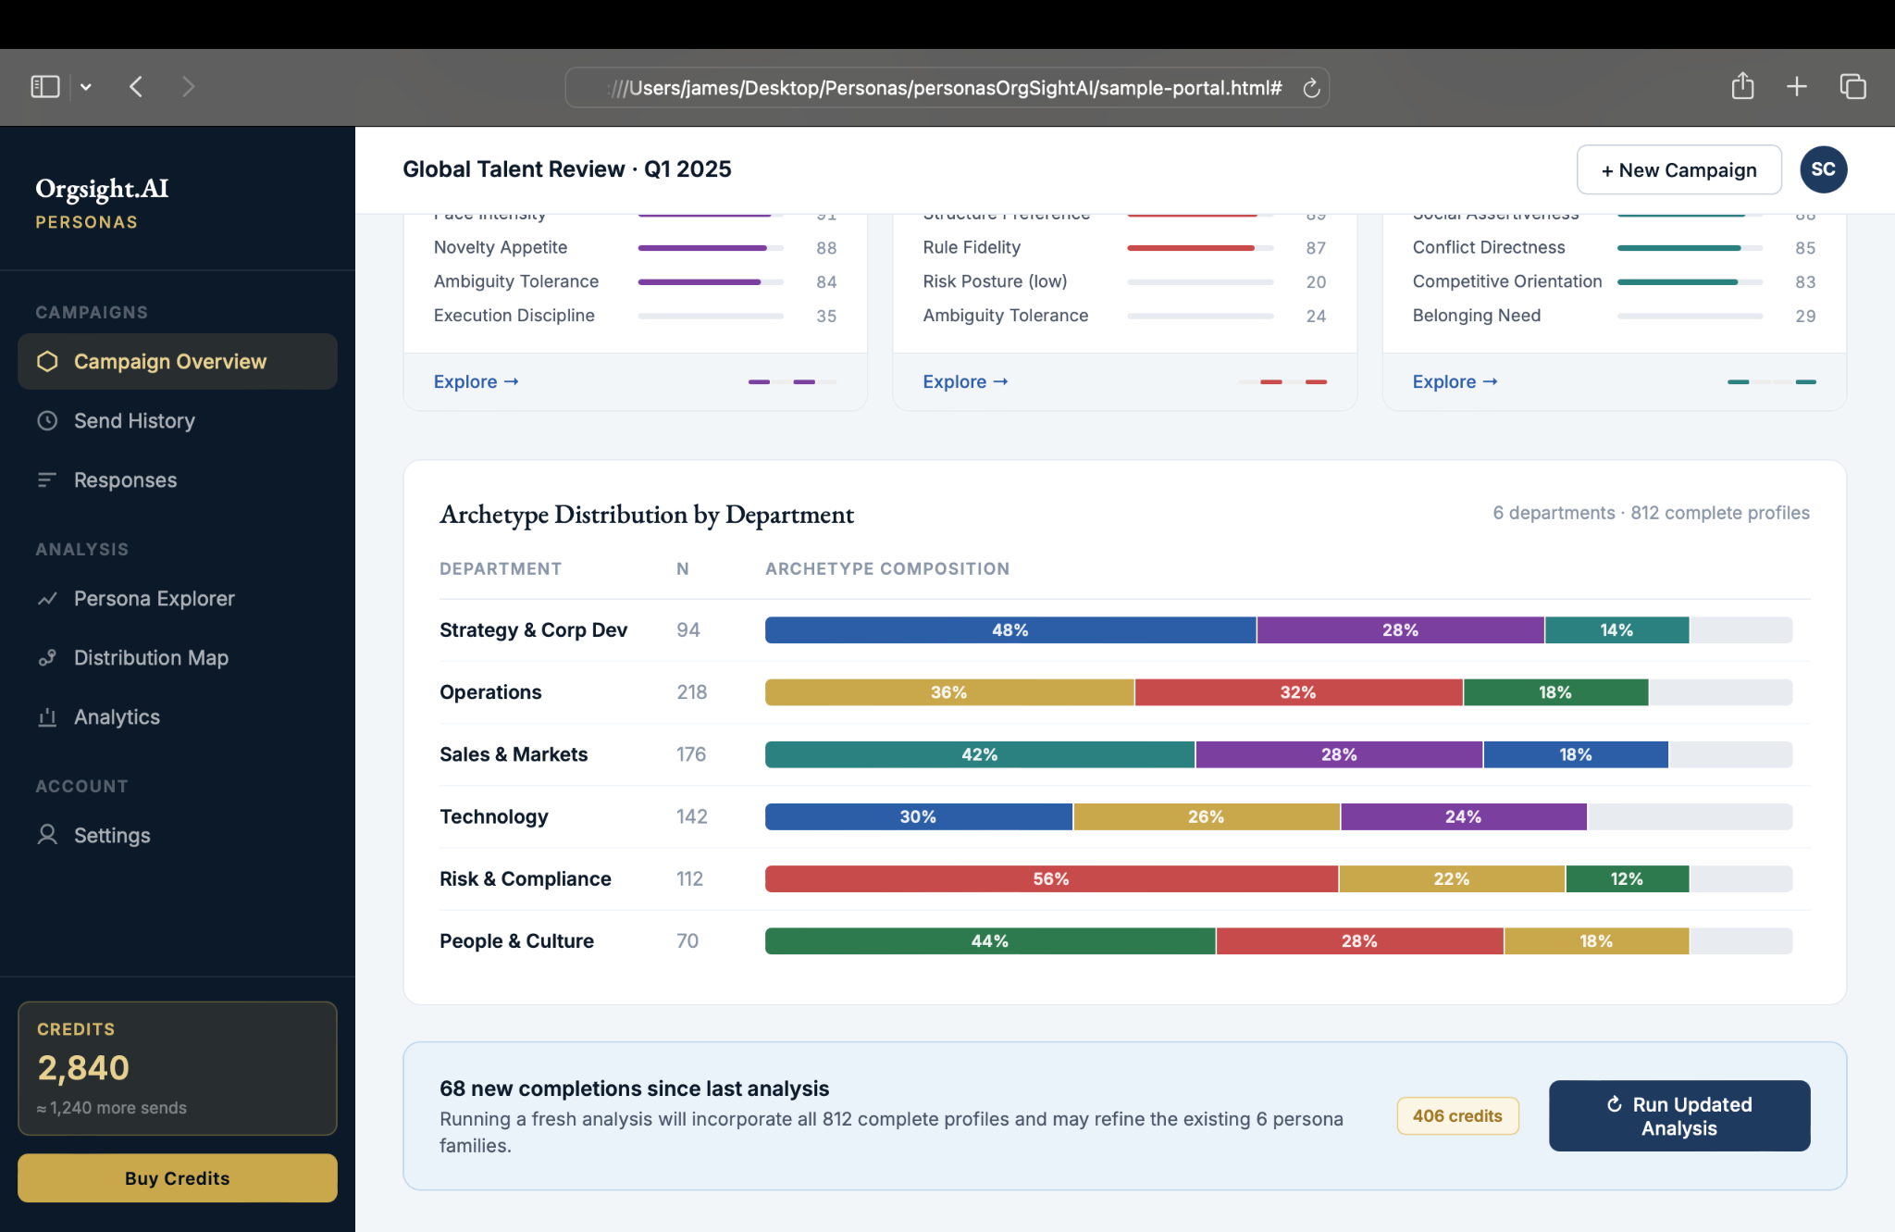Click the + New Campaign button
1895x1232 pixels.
[x=1678, y=170]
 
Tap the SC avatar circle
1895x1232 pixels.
[x=1823, y=169]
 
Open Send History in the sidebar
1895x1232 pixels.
[x=134, y=421]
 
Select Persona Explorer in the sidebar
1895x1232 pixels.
[x=154, y=599]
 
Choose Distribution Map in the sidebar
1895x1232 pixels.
[x=151, y=658]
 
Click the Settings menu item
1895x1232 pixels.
[x=111, y=836]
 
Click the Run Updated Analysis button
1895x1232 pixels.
[x=1678, y=1116]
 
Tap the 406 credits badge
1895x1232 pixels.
[x=1457, y=1116]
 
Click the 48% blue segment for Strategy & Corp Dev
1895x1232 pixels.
[x=1009, y=630]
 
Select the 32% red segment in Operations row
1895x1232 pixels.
[x=1297, y=692]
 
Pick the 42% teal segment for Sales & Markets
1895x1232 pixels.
[x=979, y=754]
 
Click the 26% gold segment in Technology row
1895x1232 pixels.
[x=1206, y=816]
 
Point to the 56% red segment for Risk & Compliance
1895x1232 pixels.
[x=1050, y=878]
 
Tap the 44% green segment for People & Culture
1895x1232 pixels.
[x=989, y=940]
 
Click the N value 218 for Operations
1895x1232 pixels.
[x=691, y=692]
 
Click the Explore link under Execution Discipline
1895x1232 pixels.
[x=476, y=382]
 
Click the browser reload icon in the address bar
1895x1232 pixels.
[x=1310, y=88]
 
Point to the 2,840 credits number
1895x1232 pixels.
[x=83, y=1068]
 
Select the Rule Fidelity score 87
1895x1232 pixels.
[x=1315, y=248]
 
